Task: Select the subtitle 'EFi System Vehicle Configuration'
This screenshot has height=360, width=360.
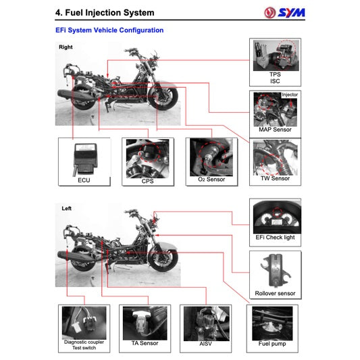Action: coord(109,30)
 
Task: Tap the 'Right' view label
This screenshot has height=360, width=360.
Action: coord(66,47)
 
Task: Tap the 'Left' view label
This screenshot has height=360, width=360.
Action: coord(66,209)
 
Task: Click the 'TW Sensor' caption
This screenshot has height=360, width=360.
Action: coord(275,178)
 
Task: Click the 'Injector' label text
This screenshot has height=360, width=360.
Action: coord(289,95)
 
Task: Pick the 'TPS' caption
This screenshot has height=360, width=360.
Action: coord(275,74)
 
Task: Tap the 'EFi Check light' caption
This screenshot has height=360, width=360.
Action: coord(275,238)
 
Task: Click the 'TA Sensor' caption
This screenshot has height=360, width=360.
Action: coord(145,343)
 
